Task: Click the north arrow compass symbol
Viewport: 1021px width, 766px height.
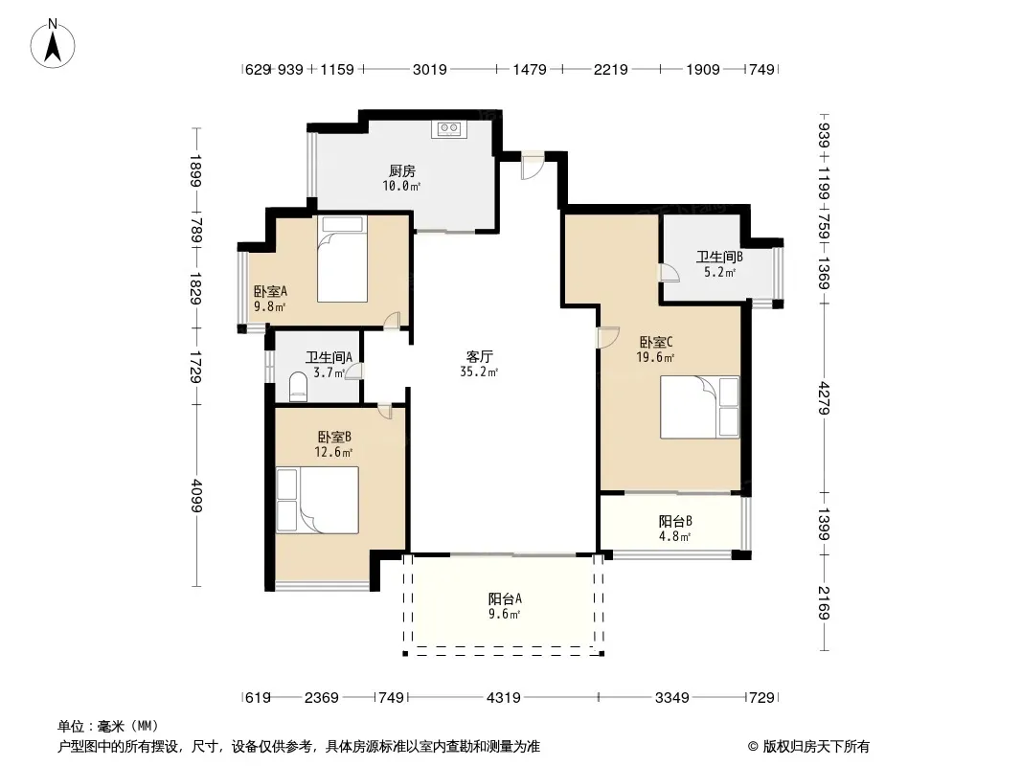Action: click(53, 43)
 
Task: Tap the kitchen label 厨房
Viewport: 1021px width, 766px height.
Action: click(401, 171)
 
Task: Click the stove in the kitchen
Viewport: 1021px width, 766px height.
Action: click(448, 129)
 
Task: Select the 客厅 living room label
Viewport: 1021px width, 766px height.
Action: click(479, 356)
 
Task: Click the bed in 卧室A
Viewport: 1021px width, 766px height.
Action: click(343, 259)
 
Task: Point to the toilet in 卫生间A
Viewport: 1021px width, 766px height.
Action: click(298, 386)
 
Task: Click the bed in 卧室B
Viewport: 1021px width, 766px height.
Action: click(317, 500)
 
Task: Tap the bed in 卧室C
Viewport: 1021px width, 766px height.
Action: click(699, 407)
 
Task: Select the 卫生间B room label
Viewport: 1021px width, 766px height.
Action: click(719, 257)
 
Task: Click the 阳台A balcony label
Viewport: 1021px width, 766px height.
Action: click(505, 598)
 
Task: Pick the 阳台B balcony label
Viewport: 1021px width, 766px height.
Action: click(675, 521)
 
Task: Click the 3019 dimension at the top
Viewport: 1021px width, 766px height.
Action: click(430, 69)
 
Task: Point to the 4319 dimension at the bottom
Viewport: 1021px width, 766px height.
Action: click(504, 698)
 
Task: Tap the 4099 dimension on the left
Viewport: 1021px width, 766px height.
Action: click(196, 496)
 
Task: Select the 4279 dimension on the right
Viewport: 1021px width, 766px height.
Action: click(825, 398)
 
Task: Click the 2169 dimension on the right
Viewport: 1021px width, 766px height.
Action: click(825, 602)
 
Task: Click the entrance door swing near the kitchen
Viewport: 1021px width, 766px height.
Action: click(532, 167)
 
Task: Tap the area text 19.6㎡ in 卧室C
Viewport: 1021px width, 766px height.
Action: click(655, 357)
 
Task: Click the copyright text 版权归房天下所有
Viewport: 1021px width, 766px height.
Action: click(816, 747)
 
